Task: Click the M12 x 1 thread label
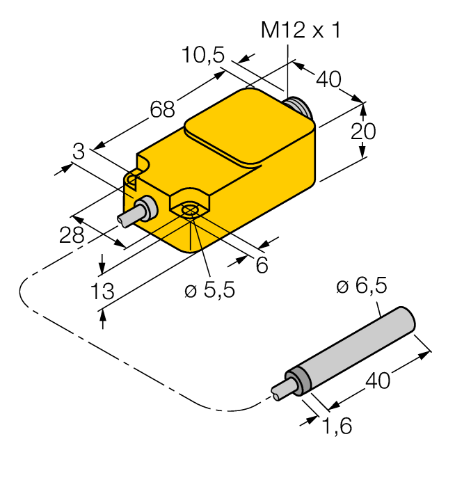coord(301,31)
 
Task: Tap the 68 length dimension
coord(162,109)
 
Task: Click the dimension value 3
coord(79,150)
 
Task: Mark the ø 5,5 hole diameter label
coord(209,290)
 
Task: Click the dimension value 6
coord(262,265)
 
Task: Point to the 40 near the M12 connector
coord(328,80)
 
